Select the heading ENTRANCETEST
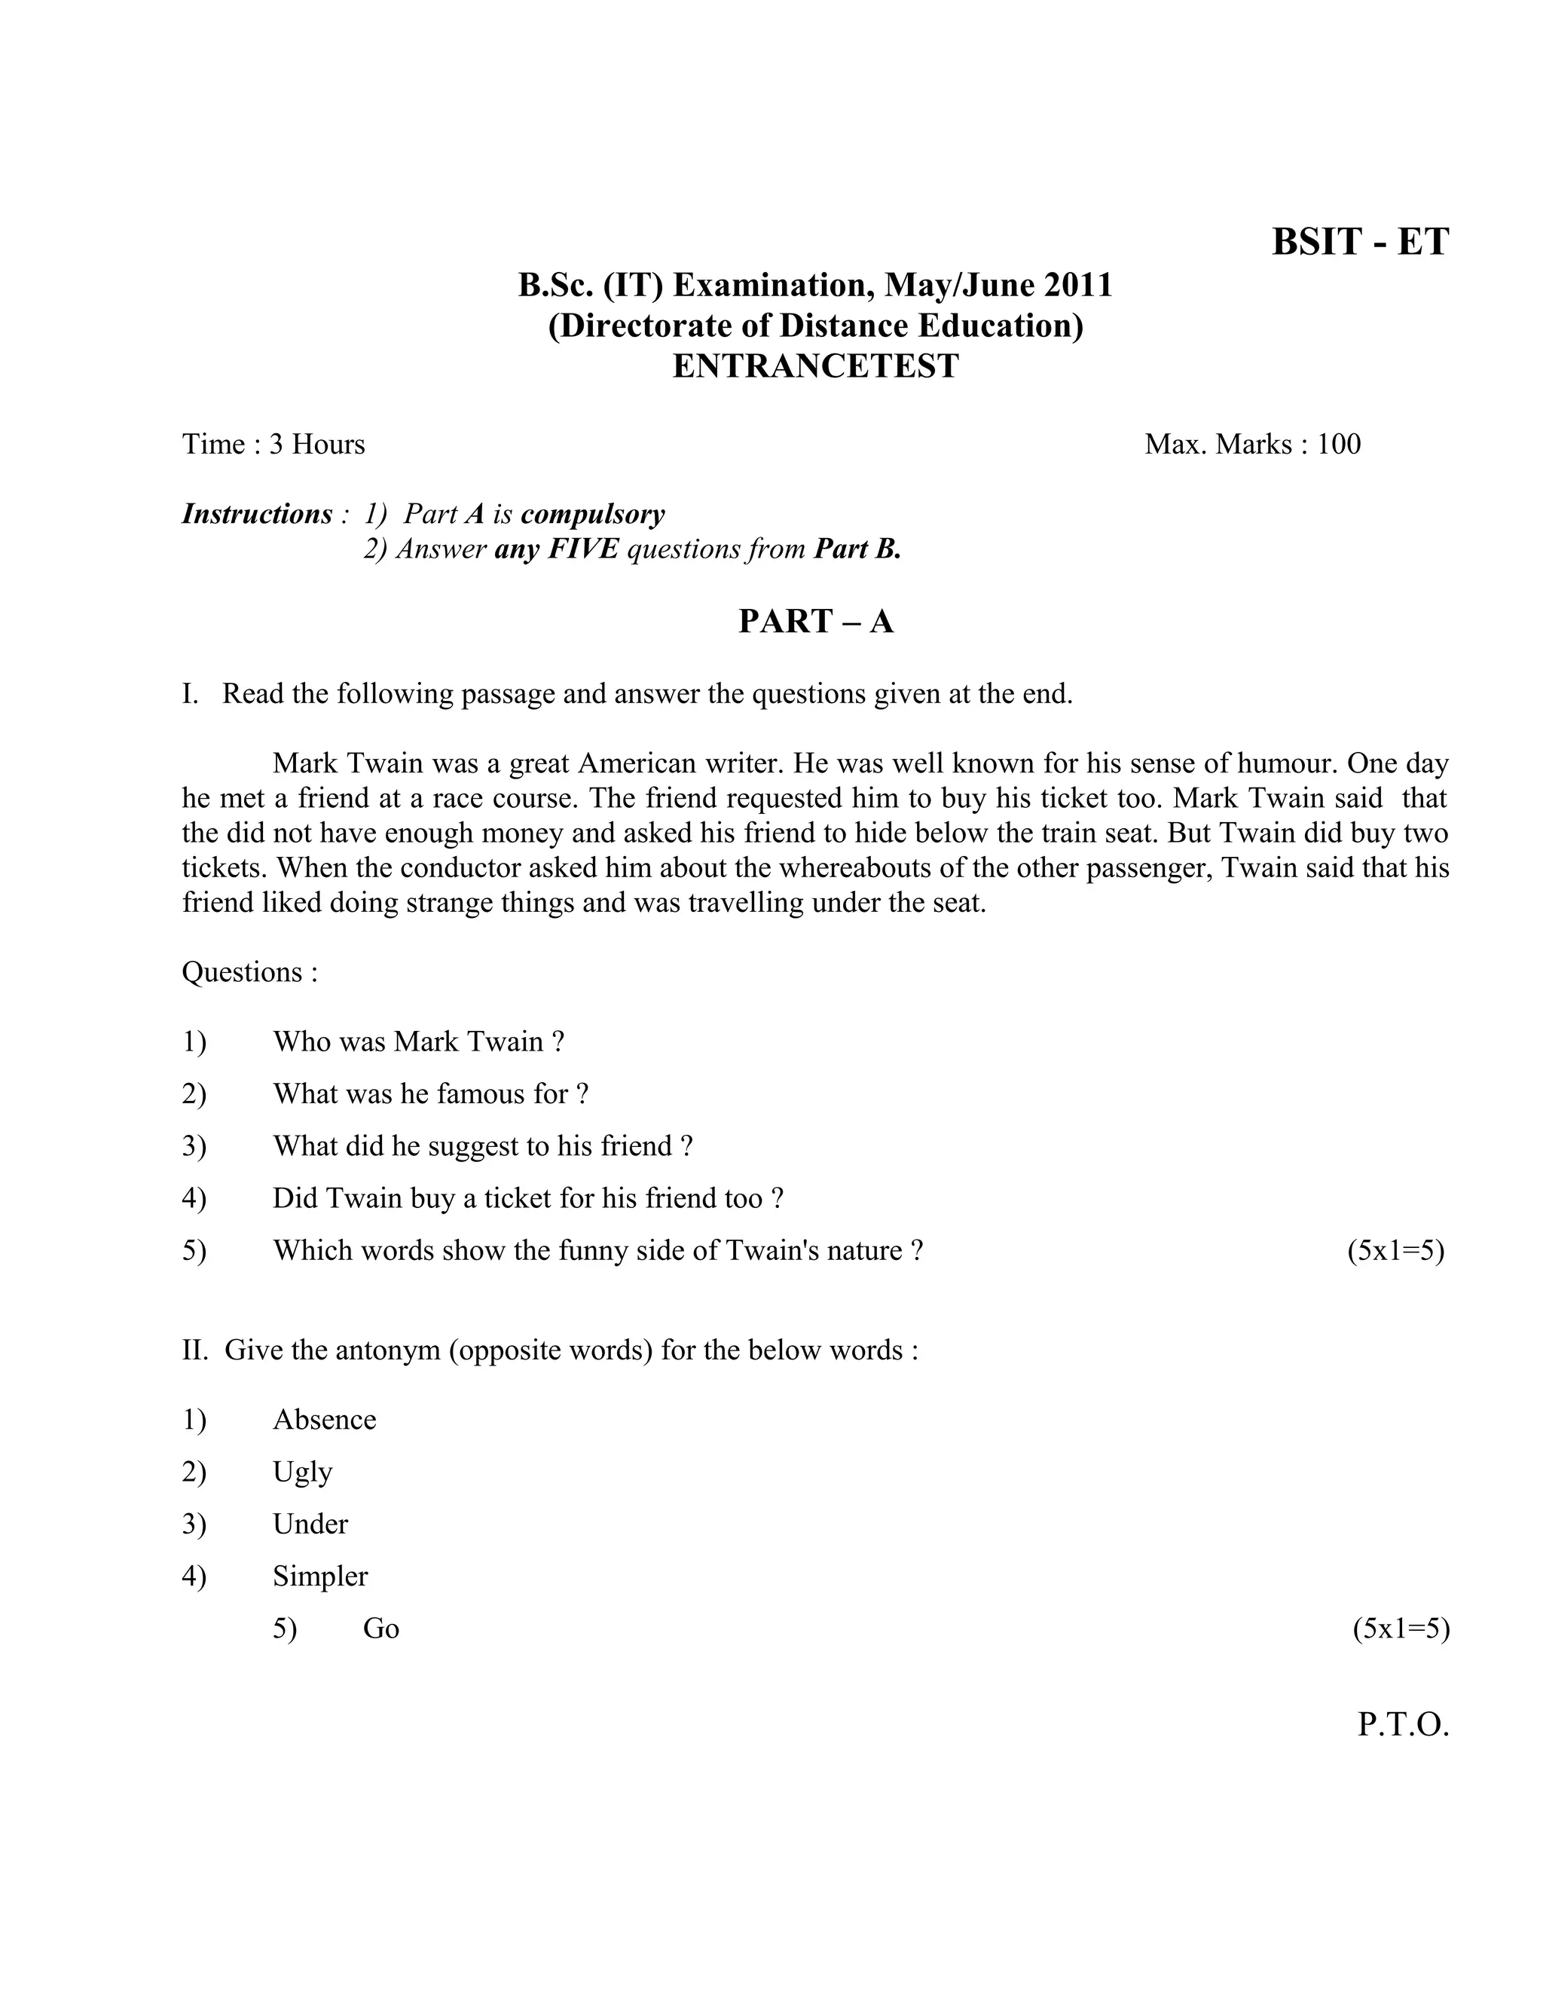(x=815, y=365)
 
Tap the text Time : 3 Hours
(x=273, y=445)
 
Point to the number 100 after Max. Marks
(x=1338, y=445)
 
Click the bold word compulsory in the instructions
(x=592, y=515)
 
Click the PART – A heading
(x=815, y=622)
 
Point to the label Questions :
(x=249, y=972)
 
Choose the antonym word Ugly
(x=303, y=1473)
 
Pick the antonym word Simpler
(x=320, y=1576)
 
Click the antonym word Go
(x=381, y=1628)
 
